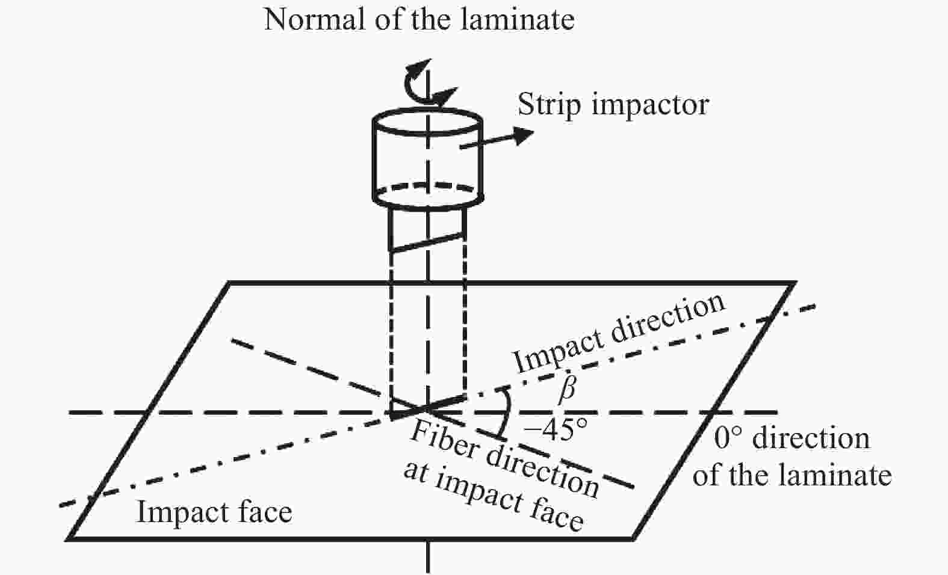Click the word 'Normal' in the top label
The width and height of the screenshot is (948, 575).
314,19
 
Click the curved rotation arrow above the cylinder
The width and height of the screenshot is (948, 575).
427,85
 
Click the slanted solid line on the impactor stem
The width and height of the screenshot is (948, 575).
427,242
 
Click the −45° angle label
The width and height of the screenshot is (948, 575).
555,429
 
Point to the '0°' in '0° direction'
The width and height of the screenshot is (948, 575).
728,438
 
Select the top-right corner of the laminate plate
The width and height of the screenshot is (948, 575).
795,283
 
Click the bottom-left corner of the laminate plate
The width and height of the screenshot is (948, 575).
67,539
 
